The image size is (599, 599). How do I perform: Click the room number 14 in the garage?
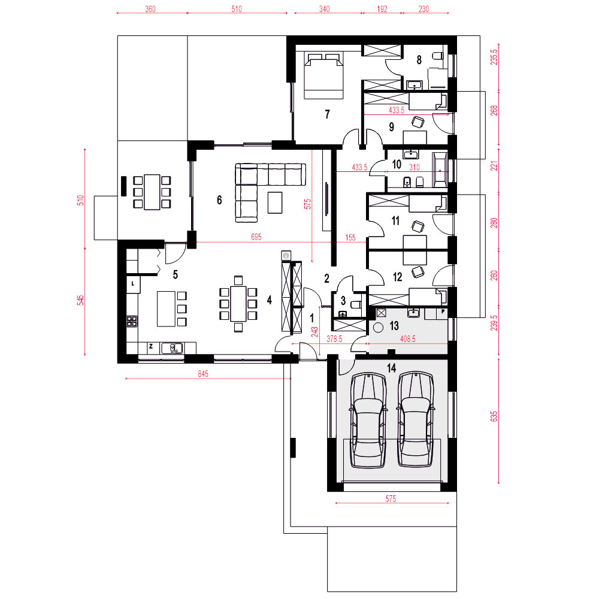tap(392, 368)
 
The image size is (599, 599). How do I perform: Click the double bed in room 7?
tap(323, 76)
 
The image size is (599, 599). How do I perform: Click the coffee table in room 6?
tap(275, 202)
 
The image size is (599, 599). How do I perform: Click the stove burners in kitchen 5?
tap(132, 321)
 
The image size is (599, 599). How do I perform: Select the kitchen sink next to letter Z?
tap(172, 348)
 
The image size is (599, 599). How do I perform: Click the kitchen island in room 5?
tap(166, 308)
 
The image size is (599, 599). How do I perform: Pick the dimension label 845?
tap(203, 374)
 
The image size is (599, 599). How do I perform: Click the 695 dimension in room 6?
tap(256, 237)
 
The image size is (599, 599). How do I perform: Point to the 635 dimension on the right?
tap(494, 416)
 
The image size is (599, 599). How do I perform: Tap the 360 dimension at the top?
tap(150, 8)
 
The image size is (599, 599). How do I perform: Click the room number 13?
tap(394, 325)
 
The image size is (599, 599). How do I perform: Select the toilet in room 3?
tap(356, 304)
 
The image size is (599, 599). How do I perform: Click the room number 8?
tap(419, 59)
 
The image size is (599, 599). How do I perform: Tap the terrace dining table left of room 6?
tap(152, 192)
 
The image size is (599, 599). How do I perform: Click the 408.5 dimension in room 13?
tap(408, 338)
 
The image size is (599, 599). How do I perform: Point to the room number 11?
tap(395, 220)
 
